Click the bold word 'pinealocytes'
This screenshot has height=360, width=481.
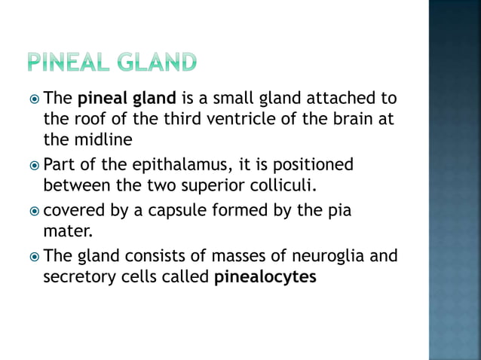point(265,277)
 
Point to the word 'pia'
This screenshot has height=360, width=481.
point(339,211)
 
